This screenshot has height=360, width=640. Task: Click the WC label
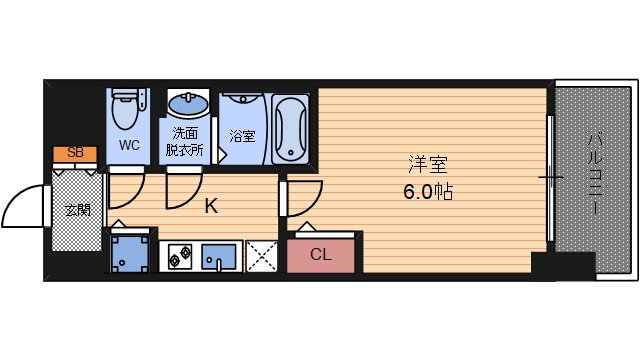pos(129,145)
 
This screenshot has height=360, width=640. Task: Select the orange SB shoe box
pos(75,153)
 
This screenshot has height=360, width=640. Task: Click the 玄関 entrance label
pos(78,211)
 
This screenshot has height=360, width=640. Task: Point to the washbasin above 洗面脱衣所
pos(188,104)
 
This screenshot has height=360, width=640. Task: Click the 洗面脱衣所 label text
pos(184,141)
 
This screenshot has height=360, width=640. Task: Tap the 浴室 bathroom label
pos(242,136)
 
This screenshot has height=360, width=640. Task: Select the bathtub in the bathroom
pos(290,129)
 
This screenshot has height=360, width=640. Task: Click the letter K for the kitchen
pos(211,206)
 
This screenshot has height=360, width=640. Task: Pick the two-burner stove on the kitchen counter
pos(181,256)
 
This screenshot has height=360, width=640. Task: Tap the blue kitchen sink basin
pos(219,257)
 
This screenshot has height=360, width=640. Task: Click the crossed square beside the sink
pos(262,256)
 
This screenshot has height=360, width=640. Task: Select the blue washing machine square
pos(130,254)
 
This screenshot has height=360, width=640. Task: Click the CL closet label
pos(321,255)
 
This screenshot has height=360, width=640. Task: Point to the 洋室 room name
pos(428,164)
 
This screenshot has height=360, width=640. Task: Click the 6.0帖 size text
pos(428,191)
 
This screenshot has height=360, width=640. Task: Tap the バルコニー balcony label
pos(594,172)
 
